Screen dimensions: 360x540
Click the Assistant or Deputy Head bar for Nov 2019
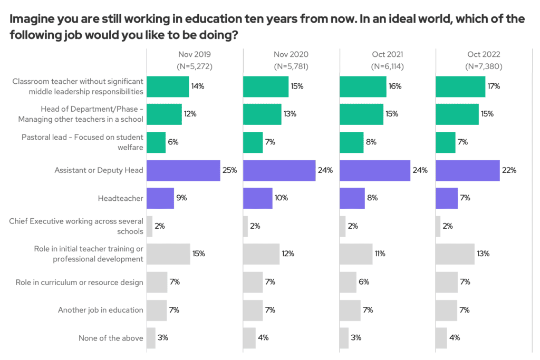(x=183, y=171)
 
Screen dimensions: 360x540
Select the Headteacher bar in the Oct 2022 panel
(x=447, y=198)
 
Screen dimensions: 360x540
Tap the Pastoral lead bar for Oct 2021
(x=351, y=142)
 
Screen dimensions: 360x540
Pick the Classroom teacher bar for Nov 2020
(x=266, y=86)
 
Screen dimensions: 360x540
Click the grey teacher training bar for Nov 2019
(x=168, y=254)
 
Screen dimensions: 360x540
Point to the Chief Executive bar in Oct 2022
(x=438, y=226)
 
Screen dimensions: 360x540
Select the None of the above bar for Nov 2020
(x=249, y=338)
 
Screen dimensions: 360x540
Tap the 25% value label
(x=229, y=171)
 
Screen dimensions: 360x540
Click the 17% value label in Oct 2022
(x=494, y=86)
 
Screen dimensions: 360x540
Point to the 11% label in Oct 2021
(x=380, y=254)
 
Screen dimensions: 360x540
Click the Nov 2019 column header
(x=195, y=54)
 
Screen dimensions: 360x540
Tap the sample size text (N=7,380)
(x=484, y=66)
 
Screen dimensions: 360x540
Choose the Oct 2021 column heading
(x=387, y=54)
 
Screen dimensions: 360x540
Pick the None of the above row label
(x=111, y=338)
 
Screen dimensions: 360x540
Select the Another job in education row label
(x=100, y=310)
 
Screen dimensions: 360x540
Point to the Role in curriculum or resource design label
(x=79, y=282)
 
